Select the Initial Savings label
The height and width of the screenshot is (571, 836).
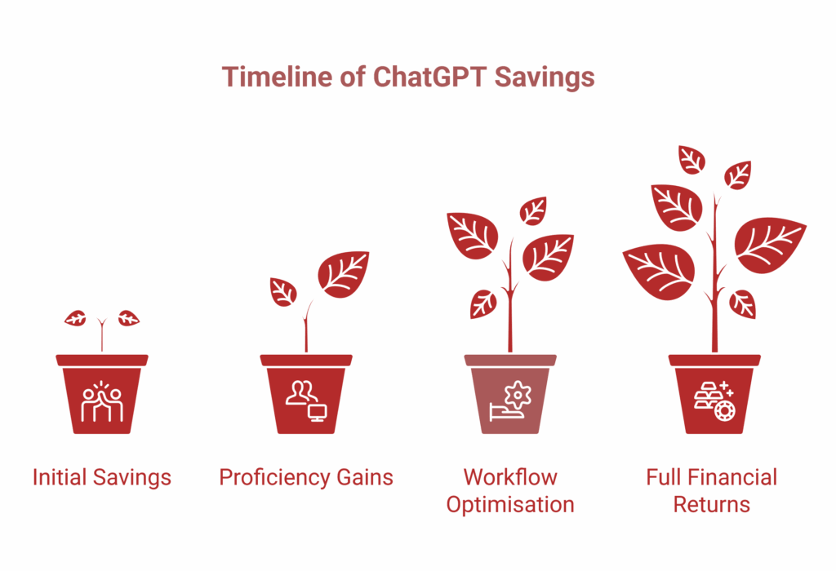click(102, 477)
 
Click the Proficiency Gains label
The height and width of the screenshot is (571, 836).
click(306, 477)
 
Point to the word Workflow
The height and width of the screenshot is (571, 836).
click(510, 476)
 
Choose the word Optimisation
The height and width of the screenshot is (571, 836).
click(510, 504)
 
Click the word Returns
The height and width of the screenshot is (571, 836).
click(712, 504)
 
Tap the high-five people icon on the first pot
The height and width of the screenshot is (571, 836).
click(102, 401)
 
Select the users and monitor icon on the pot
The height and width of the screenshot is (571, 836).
click(305, 401)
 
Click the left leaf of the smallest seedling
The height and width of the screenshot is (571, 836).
click(76, 319)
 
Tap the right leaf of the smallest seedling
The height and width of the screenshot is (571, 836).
click(128, 319)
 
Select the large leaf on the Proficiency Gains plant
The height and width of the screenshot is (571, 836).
click(343, 273)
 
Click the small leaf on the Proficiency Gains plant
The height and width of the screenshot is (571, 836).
click(282, 291)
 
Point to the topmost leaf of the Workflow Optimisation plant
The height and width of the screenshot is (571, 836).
click(533, 210)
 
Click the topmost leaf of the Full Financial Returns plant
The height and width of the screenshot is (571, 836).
click(691, 159)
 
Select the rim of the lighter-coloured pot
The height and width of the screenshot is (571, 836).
click(510, 360)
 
